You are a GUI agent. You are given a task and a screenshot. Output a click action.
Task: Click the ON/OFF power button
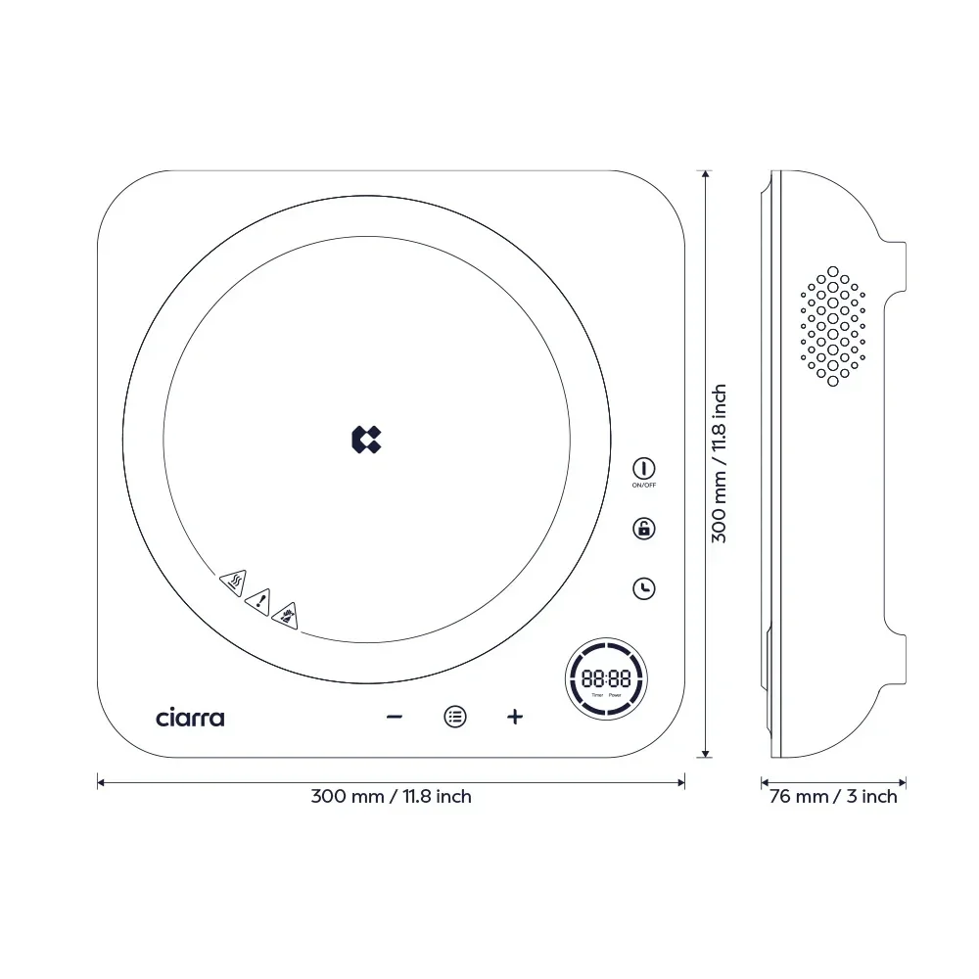coord(643,468)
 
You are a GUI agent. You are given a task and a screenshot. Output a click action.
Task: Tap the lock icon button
coord(643,529)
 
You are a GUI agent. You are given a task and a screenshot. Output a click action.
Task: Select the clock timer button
coord(643,588)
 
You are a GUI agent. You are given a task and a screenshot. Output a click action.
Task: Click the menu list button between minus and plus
coord(455,717)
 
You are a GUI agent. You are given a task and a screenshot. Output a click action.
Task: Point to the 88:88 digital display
coord(606,677)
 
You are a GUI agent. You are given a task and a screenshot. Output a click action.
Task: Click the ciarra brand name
coord(190,718)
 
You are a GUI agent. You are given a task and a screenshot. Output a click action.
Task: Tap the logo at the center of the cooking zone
coord(366,440)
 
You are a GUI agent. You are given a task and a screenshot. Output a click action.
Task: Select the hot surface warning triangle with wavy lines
coord(234,583)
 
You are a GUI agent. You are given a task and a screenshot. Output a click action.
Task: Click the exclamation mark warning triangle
coord(258,600)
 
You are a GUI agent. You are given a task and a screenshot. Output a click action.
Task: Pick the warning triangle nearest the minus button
coord(285,615)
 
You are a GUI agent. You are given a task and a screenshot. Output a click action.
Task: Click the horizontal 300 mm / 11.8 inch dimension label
coord(391,797)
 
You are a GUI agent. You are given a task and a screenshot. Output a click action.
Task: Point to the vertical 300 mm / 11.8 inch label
coord(719,463)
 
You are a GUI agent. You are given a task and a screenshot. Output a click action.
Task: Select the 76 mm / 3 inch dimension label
coord(833,797)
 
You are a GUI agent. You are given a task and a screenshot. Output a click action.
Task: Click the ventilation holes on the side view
coord(833,325)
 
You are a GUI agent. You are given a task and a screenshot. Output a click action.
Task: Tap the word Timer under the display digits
coord(597,695)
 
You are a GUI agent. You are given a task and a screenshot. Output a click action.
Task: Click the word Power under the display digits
coord(615,695)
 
